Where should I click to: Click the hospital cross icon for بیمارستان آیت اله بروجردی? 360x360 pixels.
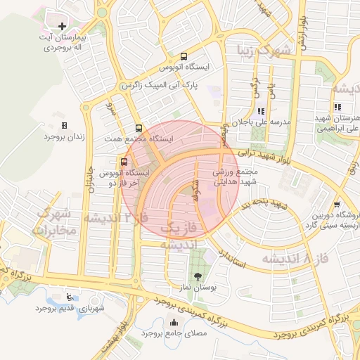tap(63, 26)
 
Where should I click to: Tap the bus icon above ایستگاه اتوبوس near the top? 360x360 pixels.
tap(184, 56)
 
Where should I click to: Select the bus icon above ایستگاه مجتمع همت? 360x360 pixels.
tap(139, 129)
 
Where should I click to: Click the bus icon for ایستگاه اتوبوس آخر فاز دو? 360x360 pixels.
tap(124, 162)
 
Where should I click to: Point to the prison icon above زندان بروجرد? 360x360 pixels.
tap(65, 125)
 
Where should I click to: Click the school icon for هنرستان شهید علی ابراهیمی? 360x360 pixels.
tap(338, 107)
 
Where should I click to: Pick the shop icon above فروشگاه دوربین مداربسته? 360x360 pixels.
tap(337, 205)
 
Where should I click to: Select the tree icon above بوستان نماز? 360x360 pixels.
tap(196, 276)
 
